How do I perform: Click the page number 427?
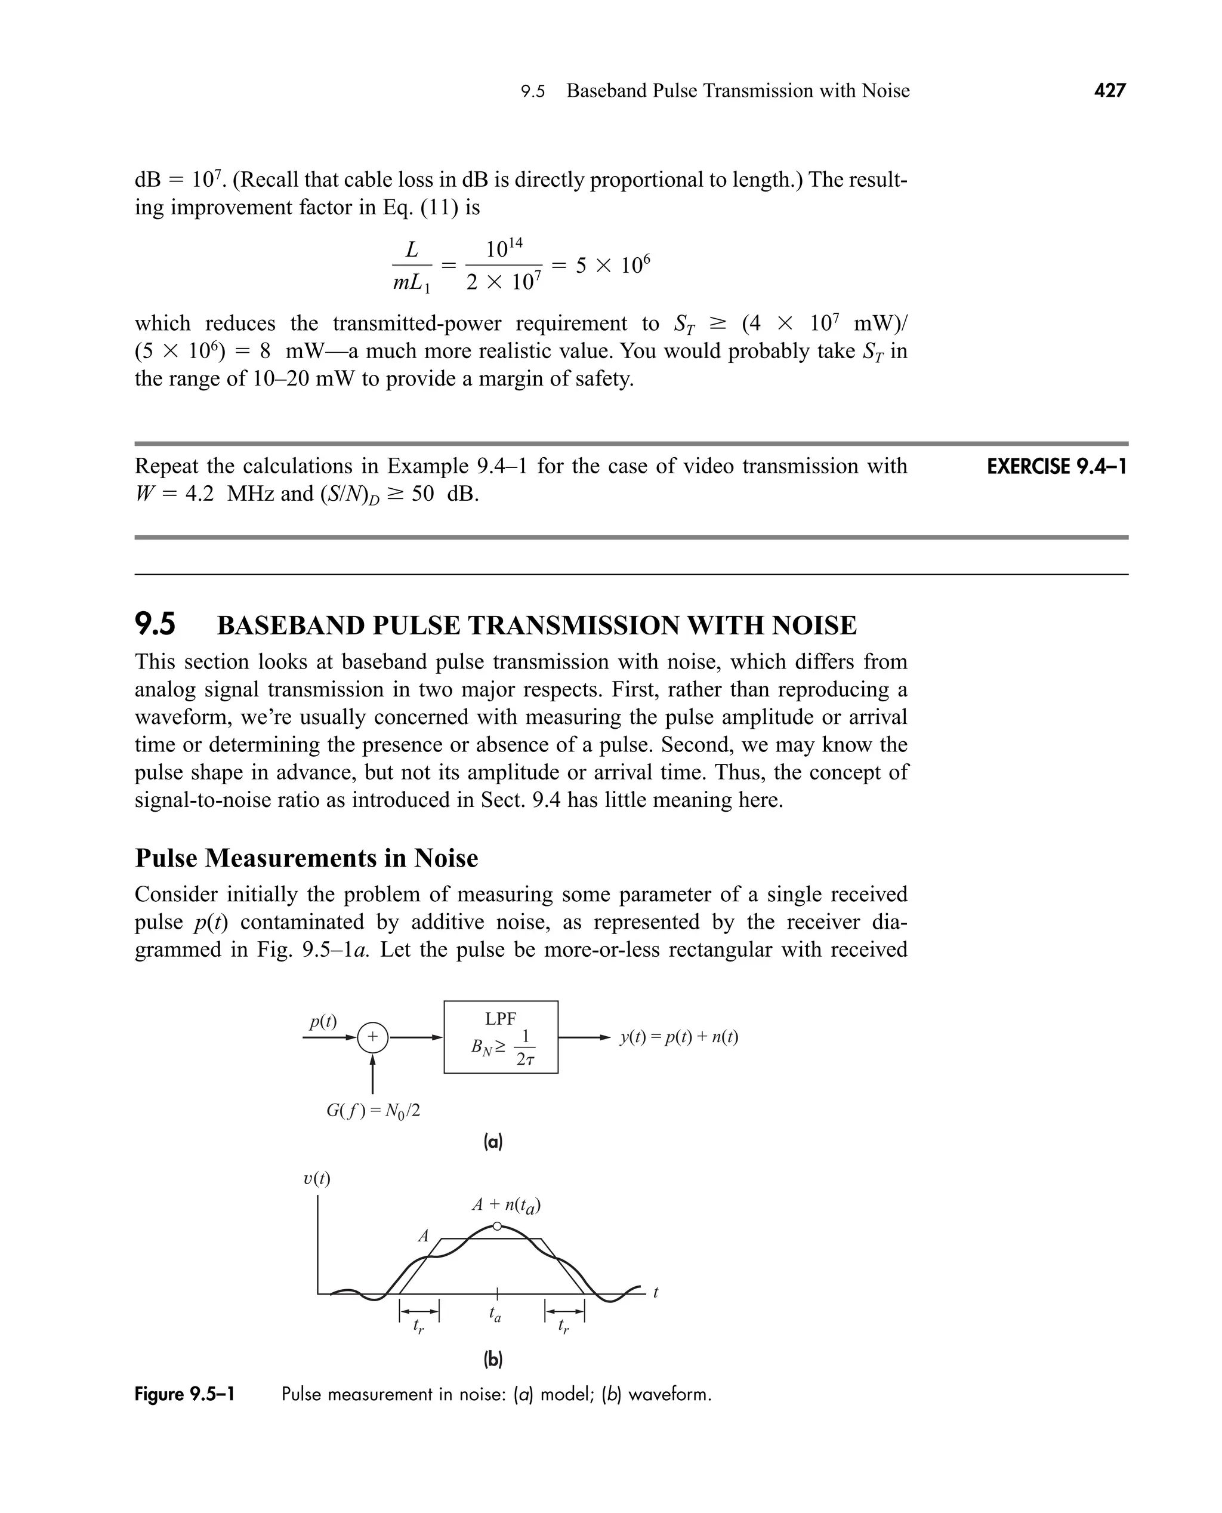pos(1109,91)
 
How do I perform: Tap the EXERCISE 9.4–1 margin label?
pos(1056,466)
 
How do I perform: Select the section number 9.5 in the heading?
pos(155,624)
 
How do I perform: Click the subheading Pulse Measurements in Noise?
pos(306,858)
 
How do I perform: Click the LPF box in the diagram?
pos(501,1037)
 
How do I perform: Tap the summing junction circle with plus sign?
pos(372,1037)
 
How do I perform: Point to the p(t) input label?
pos(323,1021)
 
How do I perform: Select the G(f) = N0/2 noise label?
pos(373,1111)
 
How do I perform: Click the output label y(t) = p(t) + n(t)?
pos(678,1037)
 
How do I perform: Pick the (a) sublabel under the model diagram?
pos(493,1142)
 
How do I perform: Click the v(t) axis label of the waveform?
pos(317,1179)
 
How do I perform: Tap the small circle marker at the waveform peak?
pos(497,1226)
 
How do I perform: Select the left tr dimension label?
pos(419,1326)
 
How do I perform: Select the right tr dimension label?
pos(564,1326)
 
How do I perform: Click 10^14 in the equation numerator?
pos(504,248)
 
